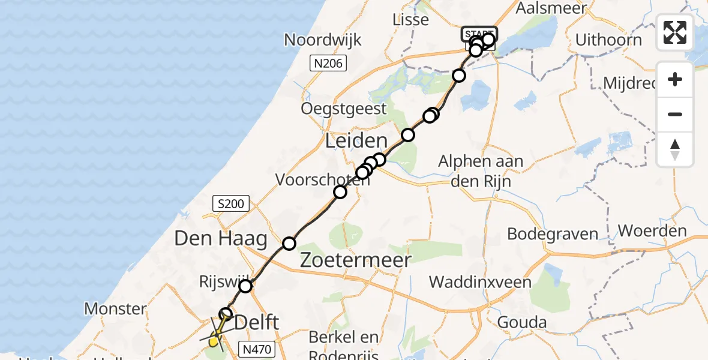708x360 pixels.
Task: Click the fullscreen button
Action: (x=675, y=32)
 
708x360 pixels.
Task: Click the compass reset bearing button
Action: (x=675, y=149)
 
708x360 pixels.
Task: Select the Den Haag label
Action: (x=220, y=239)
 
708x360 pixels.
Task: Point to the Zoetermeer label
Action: (x=355, y=260)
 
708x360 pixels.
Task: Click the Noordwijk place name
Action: (x=323, y=40)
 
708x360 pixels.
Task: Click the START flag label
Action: (x=479, y=33)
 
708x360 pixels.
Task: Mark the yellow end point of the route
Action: (x=213, y=342)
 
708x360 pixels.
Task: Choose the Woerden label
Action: (x=652, y=231)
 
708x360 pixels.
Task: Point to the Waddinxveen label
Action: (x=480, y=282)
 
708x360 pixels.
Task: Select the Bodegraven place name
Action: (x=553, y=233)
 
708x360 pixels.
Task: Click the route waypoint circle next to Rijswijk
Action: (x=245, y=286)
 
